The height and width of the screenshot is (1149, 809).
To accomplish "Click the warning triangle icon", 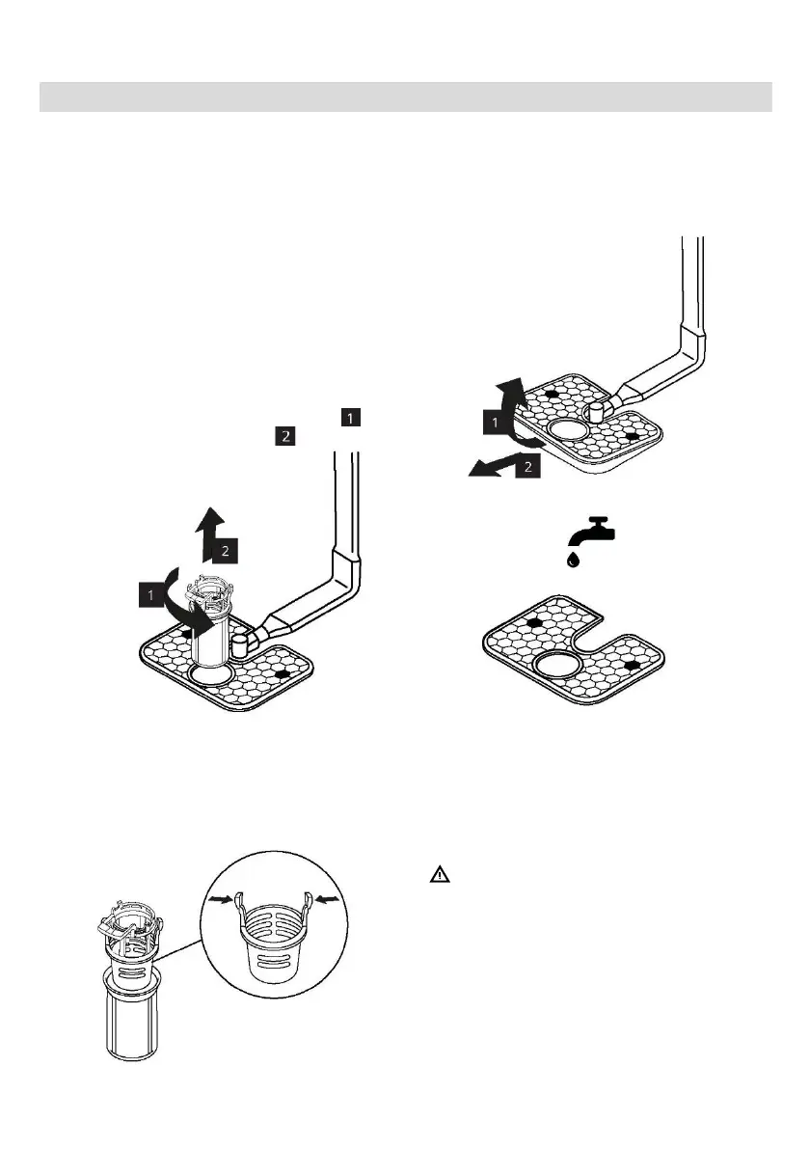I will tap(439, 876).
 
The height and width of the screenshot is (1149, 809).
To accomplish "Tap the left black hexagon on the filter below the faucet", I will tap(531, 623).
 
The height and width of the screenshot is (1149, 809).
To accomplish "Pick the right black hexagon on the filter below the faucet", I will tap(631, 665).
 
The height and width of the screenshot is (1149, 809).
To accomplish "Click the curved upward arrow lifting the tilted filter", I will tap(509, 410).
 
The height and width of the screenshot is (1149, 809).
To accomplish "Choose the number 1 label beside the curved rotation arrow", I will tap(151, 595).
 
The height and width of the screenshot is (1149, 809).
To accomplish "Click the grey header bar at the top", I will tap(405, 96).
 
